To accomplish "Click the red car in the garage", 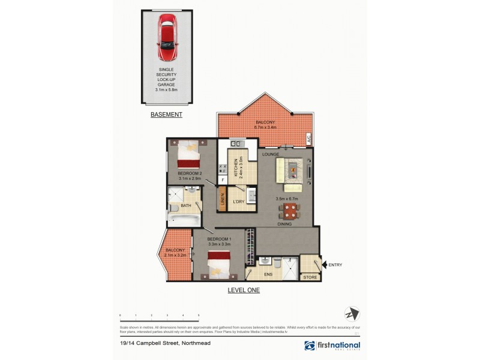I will (x=166, y=38).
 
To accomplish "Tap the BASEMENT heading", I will (x=166, y=114).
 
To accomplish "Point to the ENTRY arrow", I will (x=325, y=264).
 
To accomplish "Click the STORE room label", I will (x=310, y=277).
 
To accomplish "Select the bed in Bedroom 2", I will (x=187, y=155).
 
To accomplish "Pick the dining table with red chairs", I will (x=289, y=211).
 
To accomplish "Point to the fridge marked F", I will (x=222, y=180).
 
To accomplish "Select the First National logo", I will (x=332, y=346).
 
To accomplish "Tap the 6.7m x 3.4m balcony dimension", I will (x=265, y=127).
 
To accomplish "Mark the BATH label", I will (x=186, y=206).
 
